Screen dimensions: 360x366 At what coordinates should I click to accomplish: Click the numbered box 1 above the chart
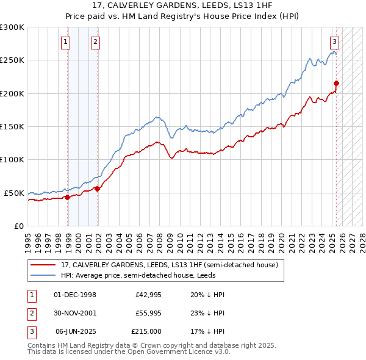pos(65,42)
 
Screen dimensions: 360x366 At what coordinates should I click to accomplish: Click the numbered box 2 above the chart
pos(96,42)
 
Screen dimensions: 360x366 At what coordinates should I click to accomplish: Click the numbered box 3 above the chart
pos(334,42)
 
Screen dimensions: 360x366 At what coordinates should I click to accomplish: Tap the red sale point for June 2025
pos(336,84)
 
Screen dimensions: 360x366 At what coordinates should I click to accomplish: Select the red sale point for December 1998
pos(67,197)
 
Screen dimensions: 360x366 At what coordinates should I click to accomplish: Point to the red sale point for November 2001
pos(98,189)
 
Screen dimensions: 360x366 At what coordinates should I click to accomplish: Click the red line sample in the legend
pos(43,265)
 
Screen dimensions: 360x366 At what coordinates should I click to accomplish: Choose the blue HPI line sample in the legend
pos(43,275)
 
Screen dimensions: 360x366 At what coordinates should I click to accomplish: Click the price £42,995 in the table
pos(147,295)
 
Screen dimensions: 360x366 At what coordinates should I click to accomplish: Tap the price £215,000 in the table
pos(146,331)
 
